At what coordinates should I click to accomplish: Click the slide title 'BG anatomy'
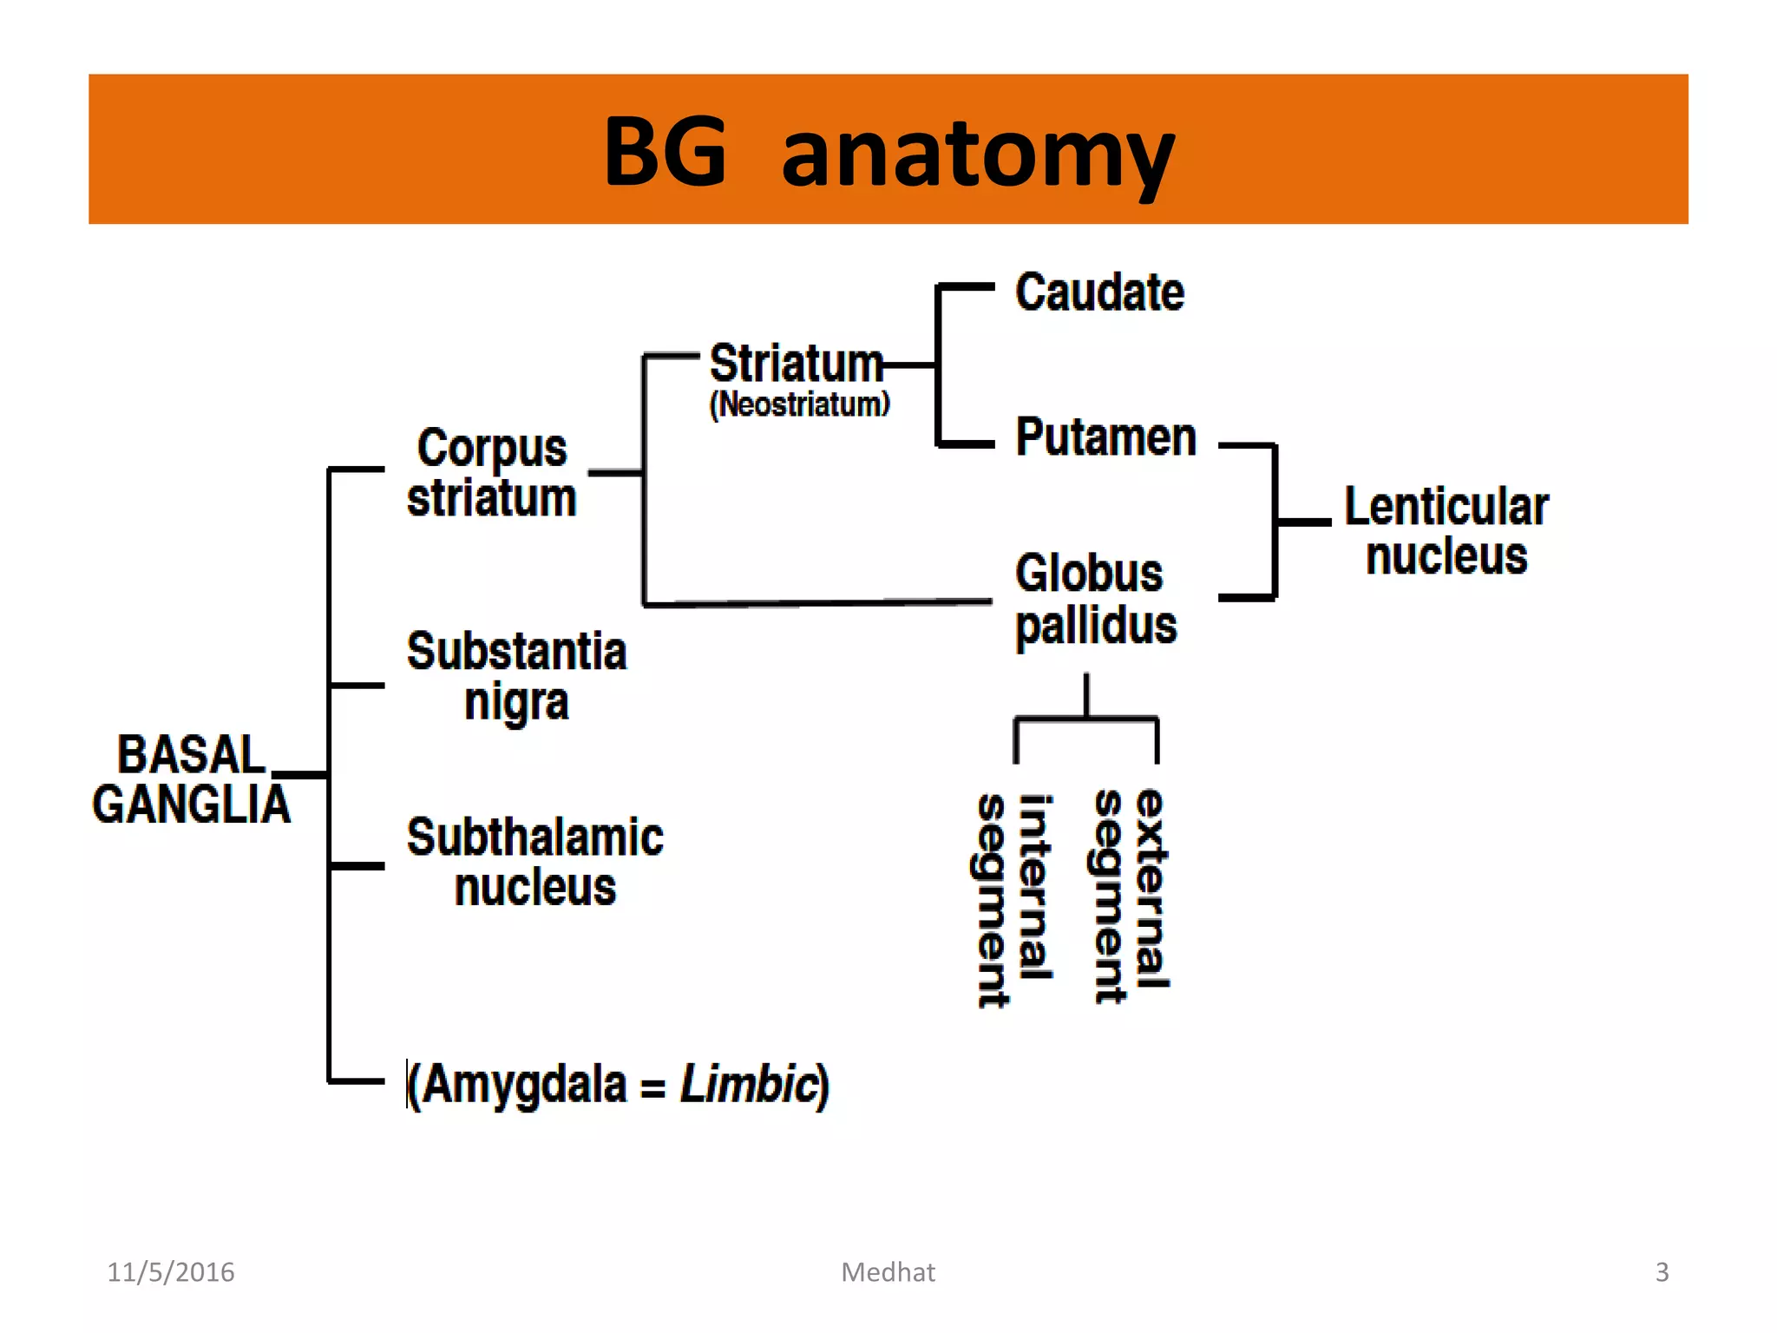coord(888,153)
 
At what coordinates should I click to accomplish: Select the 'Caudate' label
coord(1099,292)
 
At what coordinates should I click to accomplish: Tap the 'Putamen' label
coord(1105,437)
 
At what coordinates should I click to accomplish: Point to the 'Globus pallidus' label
coord(1095,599)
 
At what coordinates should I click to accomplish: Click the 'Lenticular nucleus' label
coord(1446,530)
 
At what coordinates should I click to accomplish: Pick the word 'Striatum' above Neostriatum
coord(796,363)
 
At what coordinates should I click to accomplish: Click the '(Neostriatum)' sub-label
coord(799,404)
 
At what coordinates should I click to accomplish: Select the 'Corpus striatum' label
coord(491,473)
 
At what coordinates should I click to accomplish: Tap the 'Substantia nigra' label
coord(516,676)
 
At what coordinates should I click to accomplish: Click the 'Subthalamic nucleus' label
coord(534,862)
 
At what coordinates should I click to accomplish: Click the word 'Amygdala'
coord(524,1085)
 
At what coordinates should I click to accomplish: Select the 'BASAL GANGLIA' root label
coord(191,778)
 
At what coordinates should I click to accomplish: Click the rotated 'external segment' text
coord(1131,894)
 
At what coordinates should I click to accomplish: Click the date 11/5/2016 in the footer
coord(170,1272)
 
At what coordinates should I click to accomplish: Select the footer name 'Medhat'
coord(888,1272)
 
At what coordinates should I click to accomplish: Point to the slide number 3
coord(1662,1272)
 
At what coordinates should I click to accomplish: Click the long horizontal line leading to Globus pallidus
coord(816,602)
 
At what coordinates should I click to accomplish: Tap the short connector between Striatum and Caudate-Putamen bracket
coord(909,365)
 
